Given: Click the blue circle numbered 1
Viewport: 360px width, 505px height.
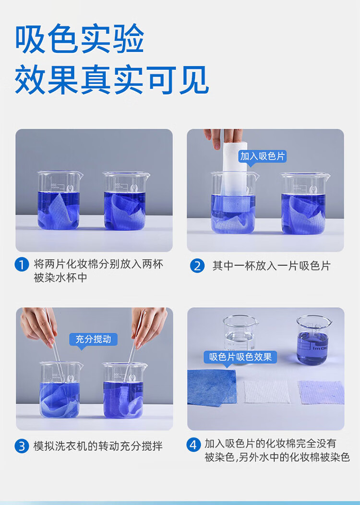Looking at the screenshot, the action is point(22,265).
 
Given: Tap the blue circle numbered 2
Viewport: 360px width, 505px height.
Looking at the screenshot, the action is point(197,266).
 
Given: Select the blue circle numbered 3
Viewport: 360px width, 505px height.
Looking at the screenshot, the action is point(22,446).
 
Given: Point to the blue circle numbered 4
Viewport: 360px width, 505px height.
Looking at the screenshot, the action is point(193,445).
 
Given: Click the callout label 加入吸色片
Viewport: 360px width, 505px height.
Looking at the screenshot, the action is point(263,156).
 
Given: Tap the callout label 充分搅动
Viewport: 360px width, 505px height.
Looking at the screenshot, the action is point(94,339).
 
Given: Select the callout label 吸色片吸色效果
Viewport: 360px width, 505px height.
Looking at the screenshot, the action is point(240,357).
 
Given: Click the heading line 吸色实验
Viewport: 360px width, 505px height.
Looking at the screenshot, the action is point(80,39).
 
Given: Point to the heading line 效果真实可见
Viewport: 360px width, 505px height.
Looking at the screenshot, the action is point(112,80).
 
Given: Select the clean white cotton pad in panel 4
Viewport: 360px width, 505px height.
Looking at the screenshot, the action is point(266,392).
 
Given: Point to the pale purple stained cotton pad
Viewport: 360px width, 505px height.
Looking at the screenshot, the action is point(321,392).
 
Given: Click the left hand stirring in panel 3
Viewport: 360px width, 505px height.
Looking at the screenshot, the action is point(39,326).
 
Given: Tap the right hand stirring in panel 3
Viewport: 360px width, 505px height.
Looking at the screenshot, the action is point(149,327).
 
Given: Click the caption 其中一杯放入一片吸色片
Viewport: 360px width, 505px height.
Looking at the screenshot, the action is point(272,266).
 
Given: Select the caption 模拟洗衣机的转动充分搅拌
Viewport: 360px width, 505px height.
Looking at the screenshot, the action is point(98,446).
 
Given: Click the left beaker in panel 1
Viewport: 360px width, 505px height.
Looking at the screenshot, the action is point(59,200).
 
